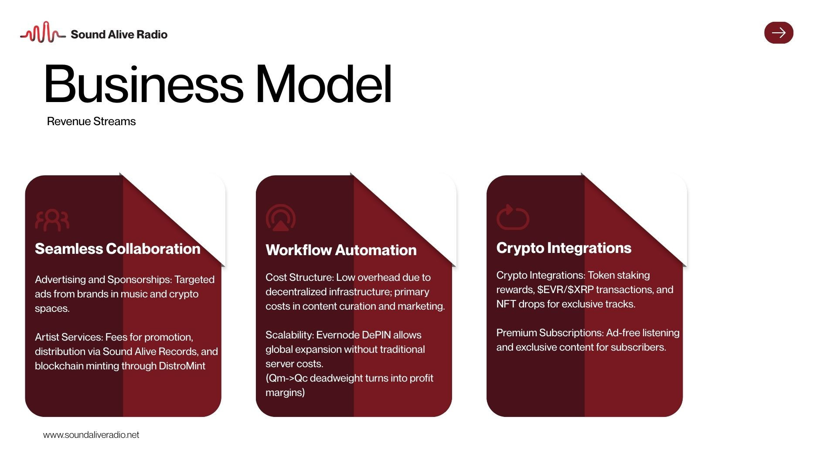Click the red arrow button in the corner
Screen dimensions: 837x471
tap(779, 33)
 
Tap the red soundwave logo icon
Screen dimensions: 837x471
tap(43, 33)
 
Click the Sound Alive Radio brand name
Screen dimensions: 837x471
tap(119, 34)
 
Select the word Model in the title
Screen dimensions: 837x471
tap(323, 84)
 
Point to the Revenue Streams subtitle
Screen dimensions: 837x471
tap(91, 121)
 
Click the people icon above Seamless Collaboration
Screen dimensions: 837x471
tap(52, 220)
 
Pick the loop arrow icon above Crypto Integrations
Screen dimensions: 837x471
tap(513, 217)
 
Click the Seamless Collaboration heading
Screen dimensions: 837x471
tap(118, 249)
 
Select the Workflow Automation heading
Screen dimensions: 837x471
tap(341, 250)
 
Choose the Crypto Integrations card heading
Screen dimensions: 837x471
tap(564, 248)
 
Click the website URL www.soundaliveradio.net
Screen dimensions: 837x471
tap(91, 435)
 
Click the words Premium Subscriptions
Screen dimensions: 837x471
tap(550, 333)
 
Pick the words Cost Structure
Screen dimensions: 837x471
tap(299, 277)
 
